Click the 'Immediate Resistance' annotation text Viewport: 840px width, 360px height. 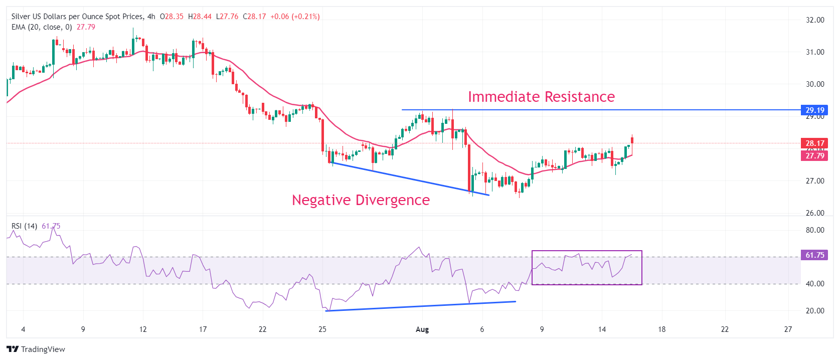click(541, 97)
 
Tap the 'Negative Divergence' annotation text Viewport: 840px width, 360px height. click(361, 200)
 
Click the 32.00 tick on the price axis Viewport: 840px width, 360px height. click(815, 20)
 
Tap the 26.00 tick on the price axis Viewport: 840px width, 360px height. click(815, 213)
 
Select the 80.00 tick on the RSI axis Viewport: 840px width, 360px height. click(815, 230)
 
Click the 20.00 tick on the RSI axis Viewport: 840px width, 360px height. click(815, 311)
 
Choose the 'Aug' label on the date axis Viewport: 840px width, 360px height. click(422, 329)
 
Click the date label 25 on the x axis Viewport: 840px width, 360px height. click(322, 329)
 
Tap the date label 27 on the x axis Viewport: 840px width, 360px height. click(788, 329)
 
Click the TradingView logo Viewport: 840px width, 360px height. click(36, 349)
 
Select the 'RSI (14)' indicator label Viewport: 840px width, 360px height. click(24, 226)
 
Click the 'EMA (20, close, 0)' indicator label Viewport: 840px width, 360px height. click(42, 27)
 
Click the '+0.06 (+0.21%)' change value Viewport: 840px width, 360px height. click(295, 17)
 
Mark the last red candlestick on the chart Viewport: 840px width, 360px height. click(632, 140)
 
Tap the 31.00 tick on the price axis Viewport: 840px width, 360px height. click(815, 52)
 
